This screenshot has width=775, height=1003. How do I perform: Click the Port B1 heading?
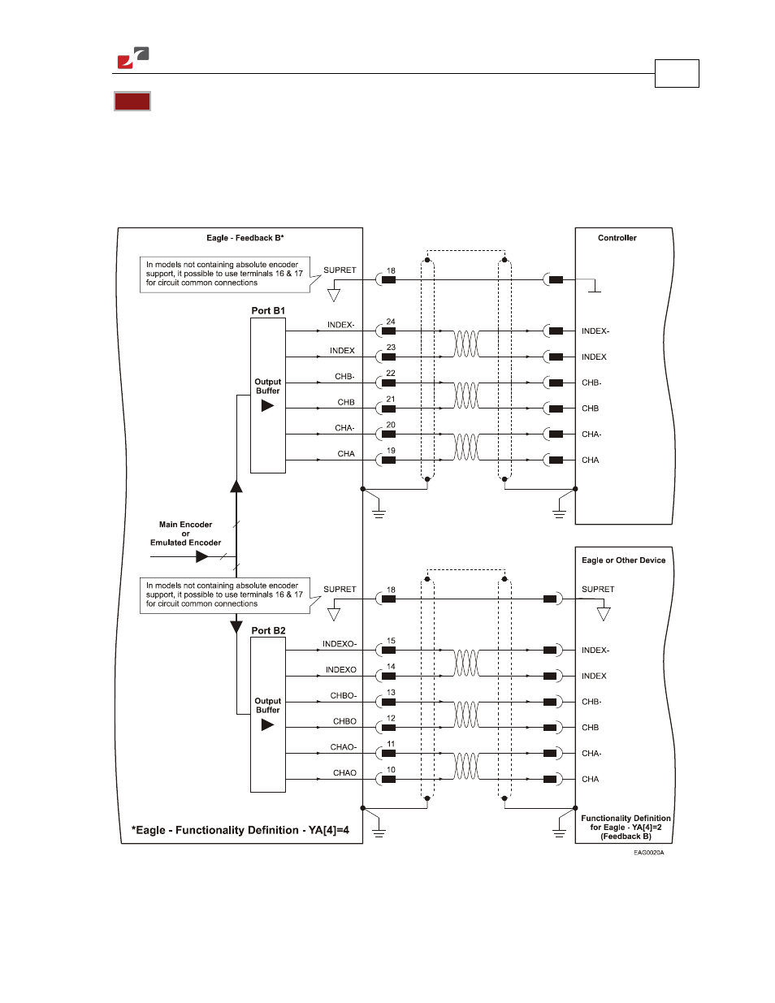pyautogui.click(x=268, y=310)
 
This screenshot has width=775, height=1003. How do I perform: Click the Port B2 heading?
pyautogui.click(x=268, y=630)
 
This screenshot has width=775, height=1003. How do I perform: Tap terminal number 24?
pyautogui.click(x=391, y=322)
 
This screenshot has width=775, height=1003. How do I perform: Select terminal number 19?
pyautogui.click(x=391, y=451)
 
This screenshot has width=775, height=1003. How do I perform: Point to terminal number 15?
pyautogui.click(x=391, y=641)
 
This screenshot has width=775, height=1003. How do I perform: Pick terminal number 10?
pyautogui.click(x=391, y=769)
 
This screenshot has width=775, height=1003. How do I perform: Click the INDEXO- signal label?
pyautogui.click(x=340, y=644)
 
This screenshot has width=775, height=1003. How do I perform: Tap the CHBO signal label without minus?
pyautogui.click(x=344, y=721)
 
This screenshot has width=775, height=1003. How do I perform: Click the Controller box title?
pyautogui.click(x=617, y=238)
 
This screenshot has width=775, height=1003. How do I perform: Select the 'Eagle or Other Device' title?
pyautogui.click(x=623, y=560)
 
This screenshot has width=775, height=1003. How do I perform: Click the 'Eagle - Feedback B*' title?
pyautogui.click(x=245, y=238)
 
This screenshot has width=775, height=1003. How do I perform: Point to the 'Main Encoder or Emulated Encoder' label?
pyautogui.click(x=185, y=533)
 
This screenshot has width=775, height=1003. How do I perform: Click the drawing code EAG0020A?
pyautogui.click(x=648, y=853)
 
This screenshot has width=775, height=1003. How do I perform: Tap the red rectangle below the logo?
pyautogui.click(x=132, y=101)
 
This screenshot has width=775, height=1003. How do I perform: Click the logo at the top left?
pyautogui.click(x=133, y=58)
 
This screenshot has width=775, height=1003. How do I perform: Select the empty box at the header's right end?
pyautogui.click(x=677, y=73)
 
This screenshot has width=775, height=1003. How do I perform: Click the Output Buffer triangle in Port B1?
pyautogui.click(x=267, y=406)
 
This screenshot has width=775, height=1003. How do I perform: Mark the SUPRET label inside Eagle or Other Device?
pyautogui.click(x=598, y=589)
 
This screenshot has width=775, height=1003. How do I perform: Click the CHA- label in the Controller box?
pyautogui.click(x=591, y=434)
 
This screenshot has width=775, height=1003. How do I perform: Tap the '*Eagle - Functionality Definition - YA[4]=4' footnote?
pyautogui.click(x=240, y=830)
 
